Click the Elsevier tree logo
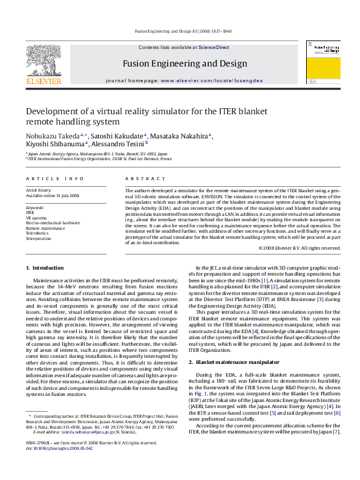43,59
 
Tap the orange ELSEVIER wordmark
43,81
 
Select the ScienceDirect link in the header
214,47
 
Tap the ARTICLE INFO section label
55,178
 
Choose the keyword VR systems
36,218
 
